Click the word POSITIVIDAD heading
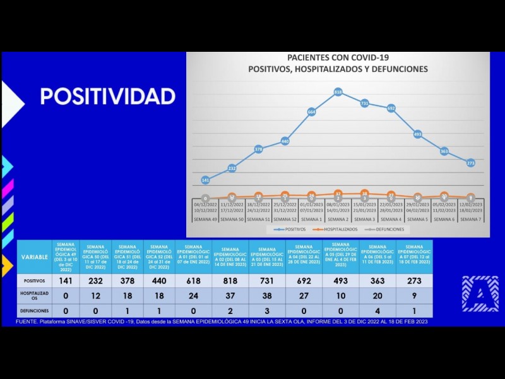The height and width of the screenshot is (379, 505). pos(107,96)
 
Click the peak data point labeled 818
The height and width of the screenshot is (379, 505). pos(338,92)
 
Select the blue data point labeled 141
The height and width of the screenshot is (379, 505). pos(205,180)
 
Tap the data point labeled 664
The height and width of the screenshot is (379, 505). pos(311,111)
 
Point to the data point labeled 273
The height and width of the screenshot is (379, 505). pos(470,163)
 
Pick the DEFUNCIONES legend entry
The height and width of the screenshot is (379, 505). pos(387,229)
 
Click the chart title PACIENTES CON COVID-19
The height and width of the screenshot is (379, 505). pos(338,58)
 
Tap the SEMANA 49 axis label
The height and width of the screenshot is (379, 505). pos(205,219)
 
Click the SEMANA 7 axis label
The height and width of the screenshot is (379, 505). pos(470,219)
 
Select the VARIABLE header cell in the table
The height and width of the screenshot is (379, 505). pos(34,257)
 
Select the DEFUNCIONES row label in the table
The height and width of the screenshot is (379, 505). pos(34,311)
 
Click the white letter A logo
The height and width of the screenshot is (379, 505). pos(480,294)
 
